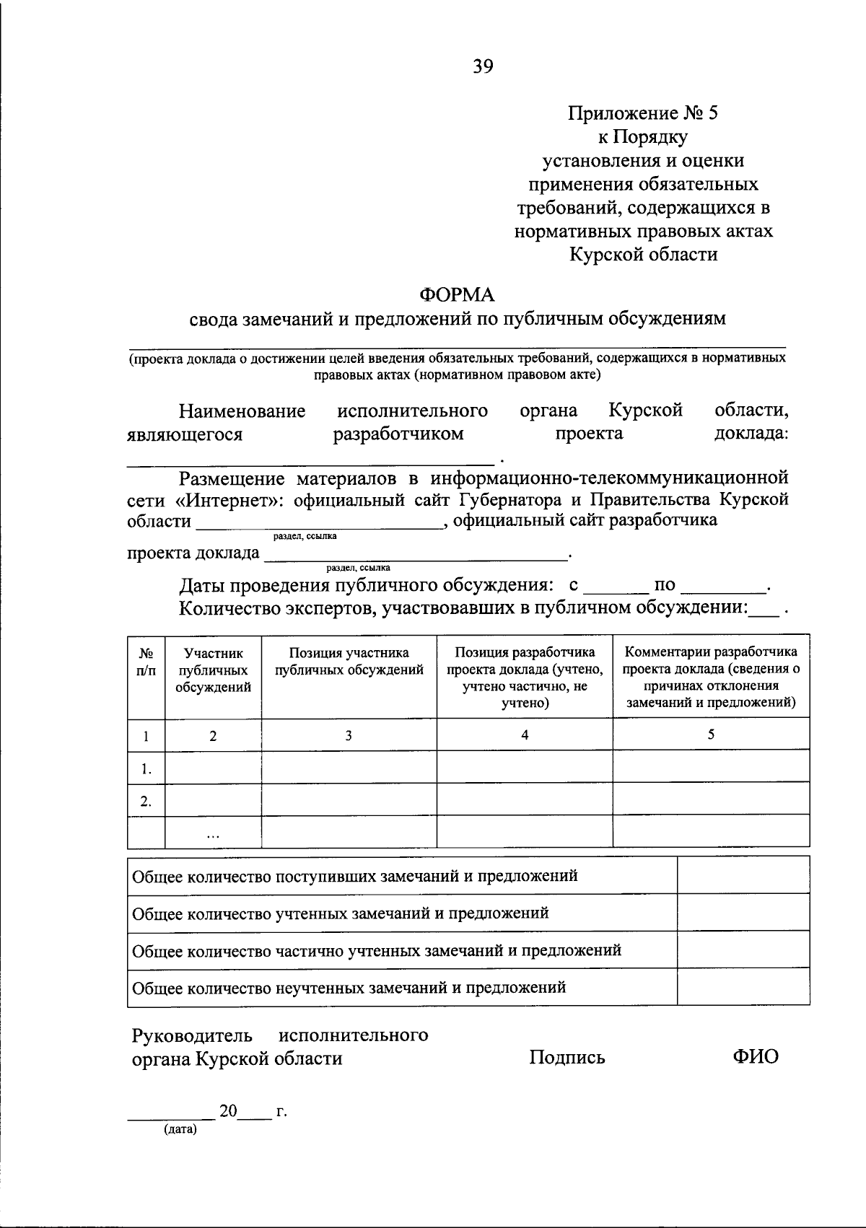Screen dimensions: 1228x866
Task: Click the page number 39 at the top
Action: [484, 67]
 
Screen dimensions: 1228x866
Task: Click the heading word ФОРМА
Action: [458, 295]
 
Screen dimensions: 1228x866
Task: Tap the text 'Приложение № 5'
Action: [643, 113]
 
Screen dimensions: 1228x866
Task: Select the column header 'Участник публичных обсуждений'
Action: [213, 670]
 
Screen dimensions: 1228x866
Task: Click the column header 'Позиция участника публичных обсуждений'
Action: [349, 662]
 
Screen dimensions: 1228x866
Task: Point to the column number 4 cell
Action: [525, 734]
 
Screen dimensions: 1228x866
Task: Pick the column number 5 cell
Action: [711, 734]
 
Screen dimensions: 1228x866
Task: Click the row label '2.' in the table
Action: [146, 801]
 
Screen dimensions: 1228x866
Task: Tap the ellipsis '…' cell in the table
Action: [213, 833]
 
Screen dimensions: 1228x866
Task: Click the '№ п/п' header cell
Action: [146, 662]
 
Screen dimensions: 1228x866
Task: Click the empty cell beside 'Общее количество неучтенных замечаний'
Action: [743, 987]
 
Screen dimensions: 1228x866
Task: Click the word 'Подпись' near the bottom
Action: [567, 1058]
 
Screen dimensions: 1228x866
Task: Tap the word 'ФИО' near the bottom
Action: [756, 1057]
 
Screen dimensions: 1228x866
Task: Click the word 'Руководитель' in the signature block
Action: [192, 1035]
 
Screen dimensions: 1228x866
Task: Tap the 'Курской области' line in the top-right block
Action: [643, 254]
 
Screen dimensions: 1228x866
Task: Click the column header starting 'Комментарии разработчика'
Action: [711, 677]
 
